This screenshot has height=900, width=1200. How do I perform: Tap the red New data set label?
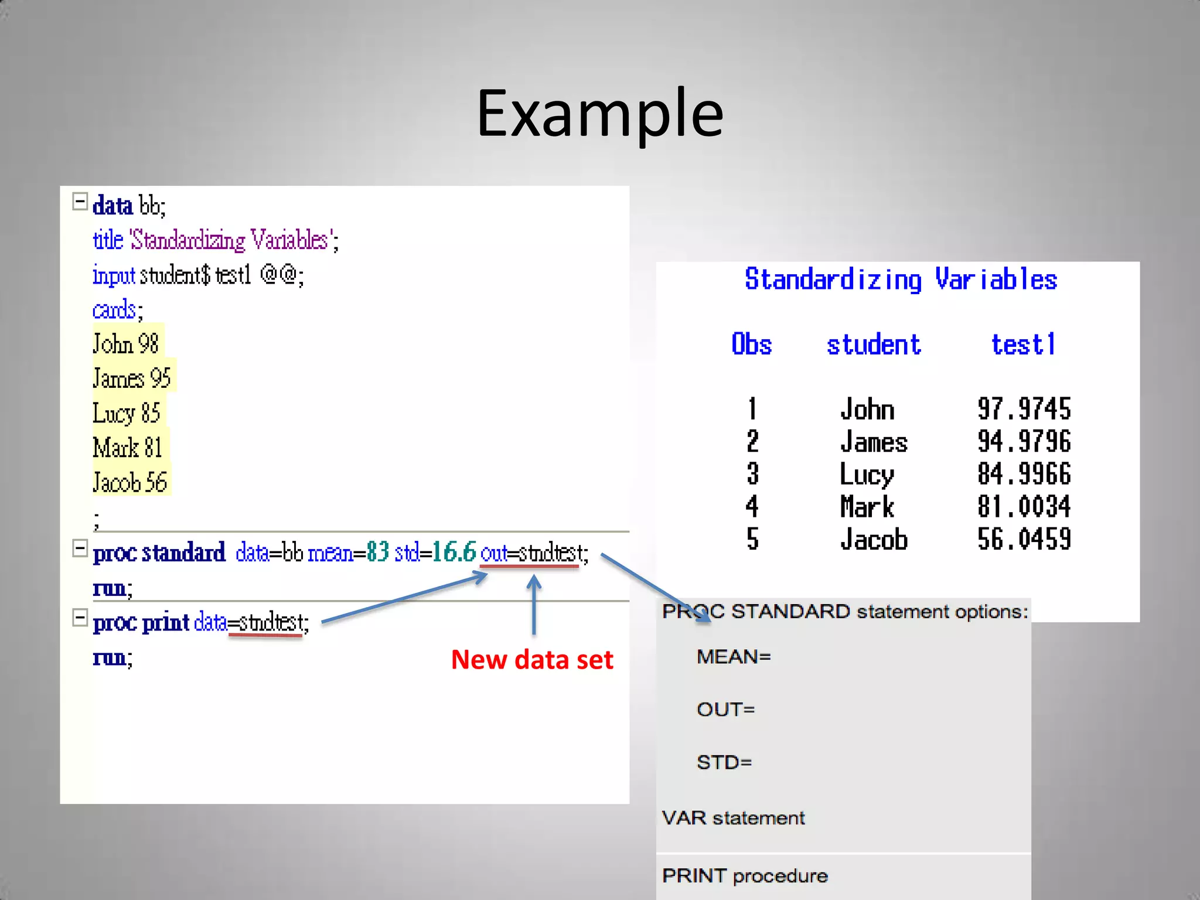(x=531, y=660)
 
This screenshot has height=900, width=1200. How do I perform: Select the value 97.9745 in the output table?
(x=1024, y=409)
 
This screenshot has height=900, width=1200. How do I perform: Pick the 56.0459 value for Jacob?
(x=1024, y=539)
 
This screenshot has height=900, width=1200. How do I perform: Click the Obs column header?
(x=752, y=345)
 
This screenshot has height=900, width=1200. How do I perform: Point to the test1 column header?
(x=1023, y=345)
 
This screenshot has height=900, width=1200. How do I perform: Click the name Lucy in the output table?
(x=867, y=475)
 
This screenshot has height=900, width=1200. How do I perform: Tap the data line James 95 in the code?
(x=132, y=379)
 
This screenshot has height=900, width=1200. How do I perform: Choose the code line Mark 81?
(x=128, y=448)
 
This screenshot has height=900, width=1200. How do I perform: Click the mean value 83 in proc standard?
(x=378, y=552)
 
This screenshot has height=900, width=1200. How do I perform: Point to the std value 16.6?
(x=454, y=552)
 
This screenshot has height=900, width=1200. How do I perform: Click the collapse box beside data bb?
(x=80, y=202)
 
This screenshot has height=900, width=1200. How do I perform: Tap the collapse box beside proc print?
(x=80, y=618)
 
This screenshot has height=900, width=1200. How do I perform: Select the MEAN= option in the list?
(x=734, y=657)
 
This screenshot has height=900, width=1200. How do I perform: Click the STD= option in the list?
(x=724, y=762)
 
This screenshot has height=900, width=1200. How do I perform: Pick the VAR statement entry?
(x=733, y=818)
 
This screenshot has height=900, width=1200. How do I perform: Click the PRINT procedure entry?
(x=745, y=876)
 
